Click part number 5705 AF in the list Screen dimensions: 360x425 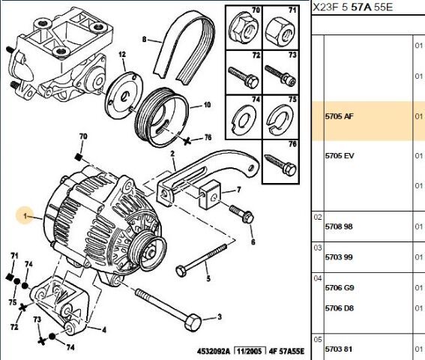coord(339,117)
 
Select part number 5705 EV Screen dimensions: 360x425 coord(339,155)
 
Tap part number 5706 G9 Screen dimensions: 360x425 coord(339,288)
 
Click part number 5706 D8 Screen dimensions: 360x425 coord(339,307)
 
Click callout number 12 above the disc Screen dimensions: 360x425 coord(121,54)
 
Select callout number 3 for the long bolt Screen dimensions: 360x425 coord(219,317)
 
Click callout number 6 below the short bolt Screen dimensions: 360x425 coord(253,241)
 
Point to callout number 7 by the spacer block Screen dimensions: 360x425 coord(238,189)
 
